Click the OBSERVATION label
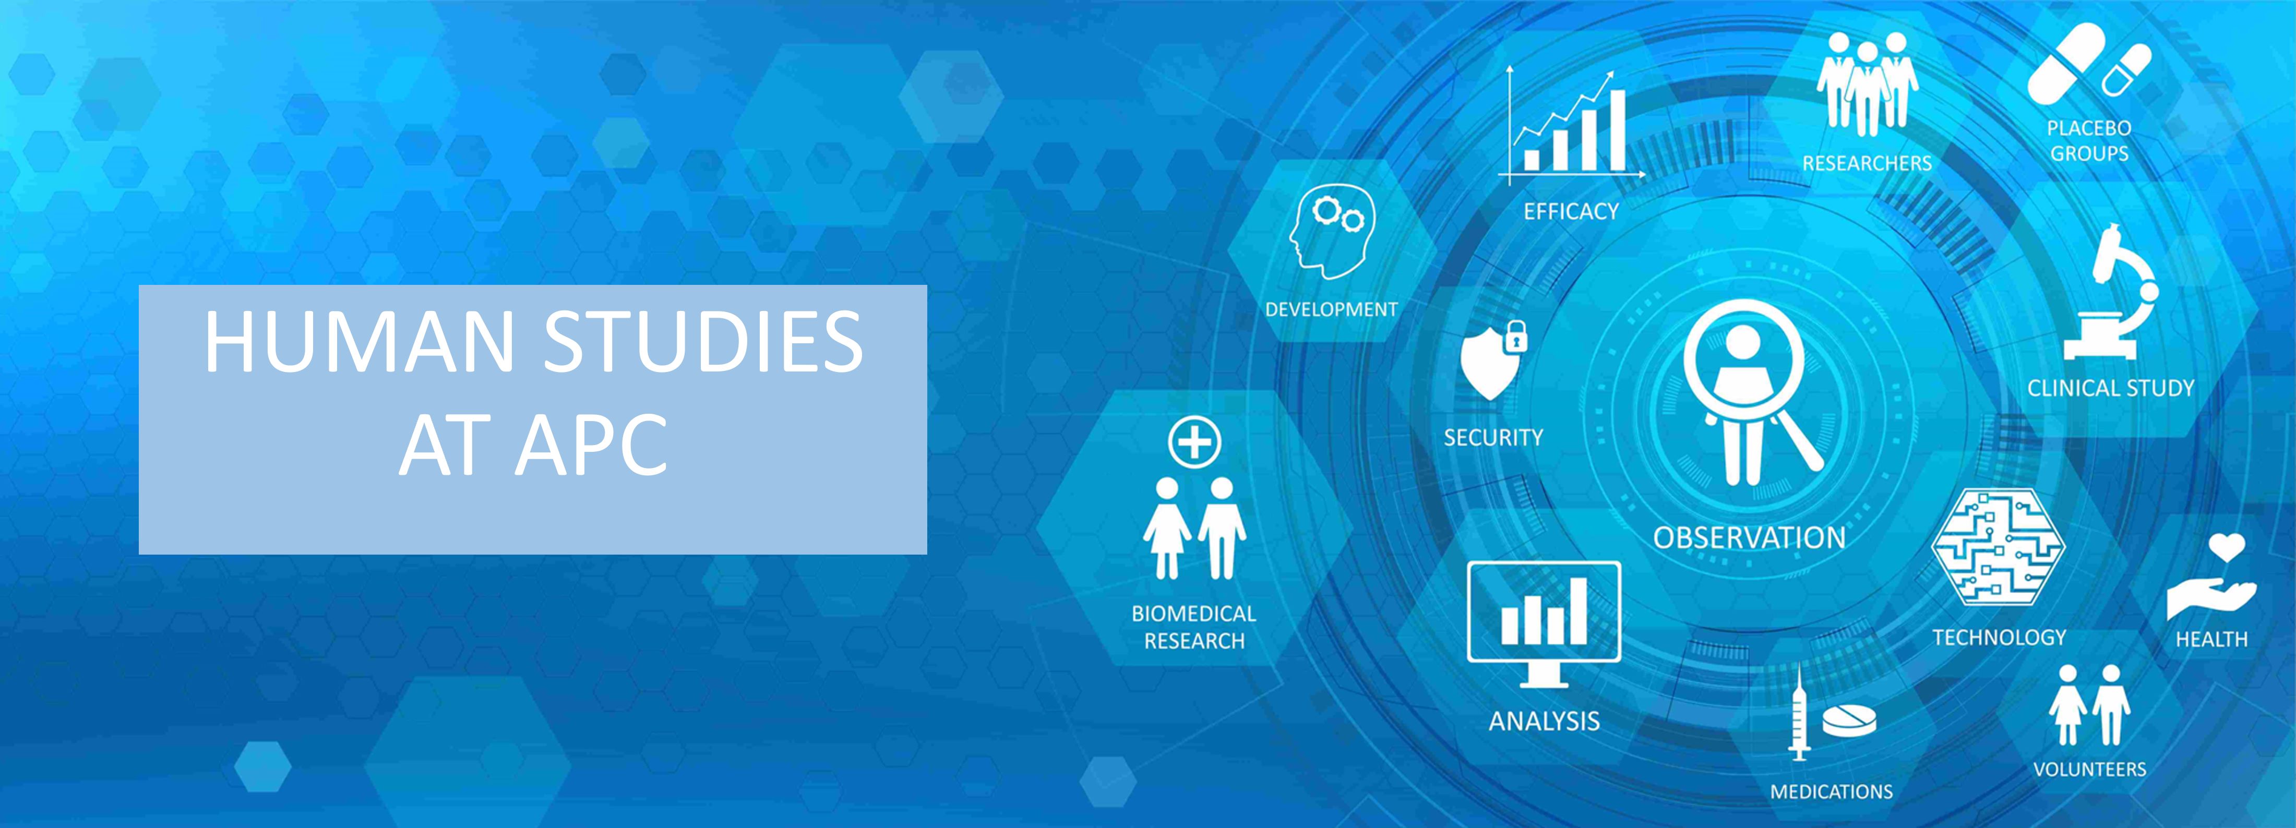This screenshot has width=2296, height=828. point(1749,537)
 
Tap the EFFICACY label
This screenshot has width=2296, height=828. point(1571,211)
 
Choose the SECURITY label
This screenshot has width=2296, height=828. point(1493,438)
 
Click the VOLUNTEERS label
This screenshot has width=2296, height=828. point(2089,769)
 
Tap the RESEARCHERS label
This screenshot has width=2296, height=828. point(1867,163)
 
